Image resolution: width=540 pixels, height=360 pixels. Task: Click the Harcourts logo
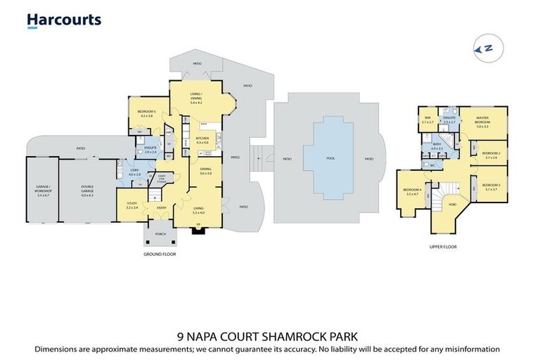point(64,20)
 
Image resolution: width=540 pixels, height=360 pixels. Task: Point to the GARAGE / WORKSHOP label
point(42,189)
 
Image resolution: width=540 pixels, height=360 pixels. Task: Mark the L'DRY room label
point(136,172)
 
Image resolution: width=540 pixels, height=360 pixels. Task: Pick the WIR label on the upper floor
point(427,120)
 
